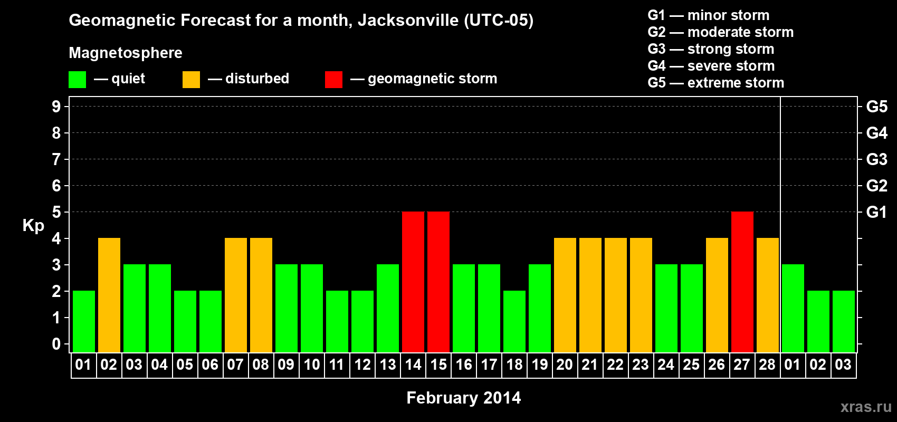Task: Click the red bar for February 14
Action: pos(413,282)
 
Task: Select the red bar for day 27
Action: pos(742,282)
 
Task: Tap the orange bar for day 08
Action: pos(261,295)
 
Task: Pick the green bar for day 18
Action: pos(514,321)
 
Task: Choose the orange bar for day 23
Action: pos(641,295)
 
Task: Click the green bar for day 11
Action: pos(337,321)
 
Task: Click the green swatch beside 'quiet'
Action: pos(78,80)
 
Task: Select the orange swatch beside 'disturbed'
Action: pos(191,80)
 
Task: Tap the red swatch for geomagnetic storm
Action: pos(333,80)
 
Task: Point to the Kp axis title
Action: pos(33,225)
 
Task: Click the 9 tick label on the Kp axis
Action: pos(56,107)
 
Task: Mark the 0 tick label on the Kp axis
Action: pos(56,344)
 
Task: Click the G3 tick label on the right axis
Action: pos(876,159)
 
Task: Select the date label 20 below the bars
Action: pos(565,365)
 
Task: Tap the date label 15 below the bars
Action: pos(438,365)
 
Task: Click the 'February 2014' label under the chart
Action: pos(464,398)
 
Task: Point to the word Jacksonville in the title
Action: pos(408,20)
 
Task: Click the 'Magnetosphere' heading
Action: pos(126,53)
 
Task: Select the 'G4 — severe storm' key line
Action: pos(711,66)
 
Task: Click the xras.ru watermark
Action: pos(866,407)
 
